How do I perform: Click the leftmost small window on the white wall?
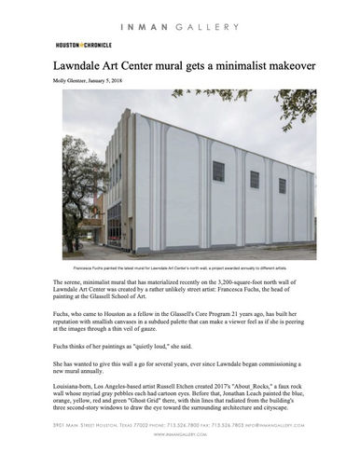tap(218, 171)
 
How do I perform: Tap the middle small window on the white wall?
tap(254, 178)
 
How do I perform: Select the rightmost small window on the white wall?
tap(281, 185)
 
